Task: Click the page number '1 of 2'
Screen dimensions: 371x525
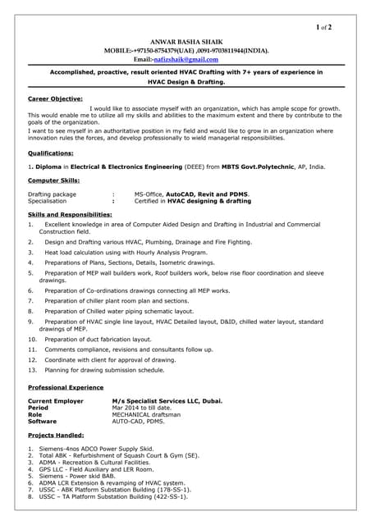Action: coord(323,27)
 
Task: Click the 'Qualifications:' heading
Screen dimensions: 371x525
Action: coord(51,153)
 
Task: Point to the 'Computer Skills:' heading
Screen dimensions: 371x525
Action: coord(54,180)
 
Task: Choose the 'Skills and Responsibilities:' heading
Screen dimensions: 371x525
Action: coord(72,214)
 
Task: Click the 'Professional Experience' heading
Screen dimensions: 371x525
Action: coord(66,386)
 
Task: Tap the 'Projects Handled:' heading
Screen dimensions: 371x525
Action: coord(56,435)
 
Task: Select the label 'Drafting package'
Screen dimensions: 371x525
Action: coord(52,194)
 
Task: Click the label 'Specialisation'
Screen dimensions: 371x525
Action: coord(48,200)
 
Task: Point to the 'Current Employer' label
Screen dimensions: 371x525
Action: coord(56,400)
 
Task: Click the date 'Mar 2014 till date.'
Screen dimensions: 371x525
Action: coord(141,407)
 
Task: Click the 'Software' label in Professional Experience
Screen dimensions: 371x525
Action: coord(43,421)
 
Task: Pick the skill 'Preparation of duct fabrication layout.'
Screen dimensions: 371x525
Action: coord(98,339)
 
